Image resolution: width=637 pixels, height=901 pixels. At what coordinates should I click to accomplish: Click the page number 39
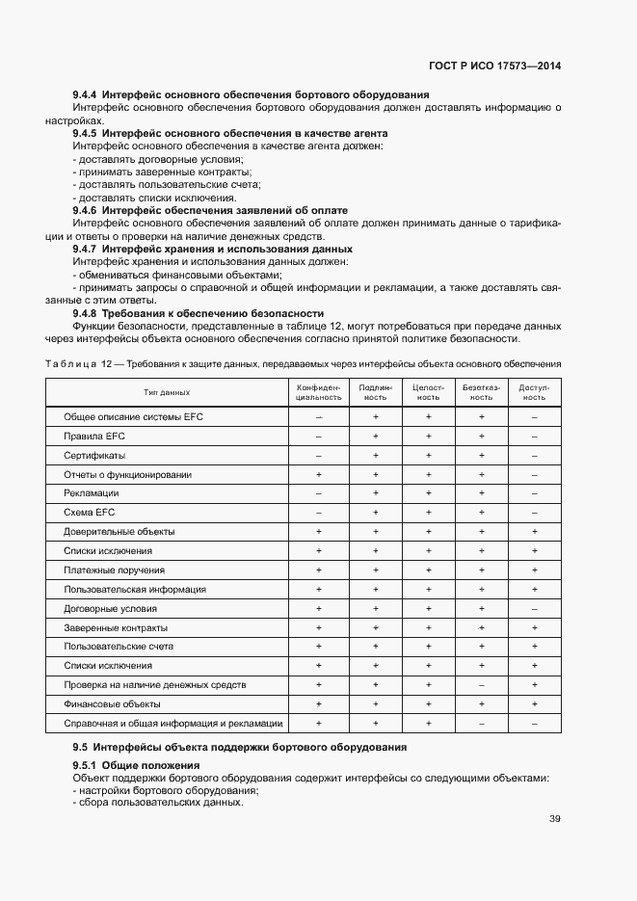coord(555,819)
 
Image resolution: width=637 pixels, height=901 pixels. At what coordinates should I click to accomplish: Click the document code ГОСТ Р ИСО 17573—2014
coord(494,66)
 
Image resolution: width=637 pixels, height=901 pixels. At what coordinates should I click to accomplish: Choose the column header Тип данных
coord(167,392)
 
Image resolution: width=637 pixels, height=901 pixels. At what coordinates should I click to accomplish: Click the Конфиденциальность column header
coord(318,392)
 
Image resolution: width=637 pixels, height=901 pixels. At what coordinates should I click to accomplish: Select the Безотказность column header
coord(481,392)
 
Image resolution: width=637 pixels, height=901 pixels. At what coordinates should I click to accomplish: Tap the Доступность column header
coord(534,392)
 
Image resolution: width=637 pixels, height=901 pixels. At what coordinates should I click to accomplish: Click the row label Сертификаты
coord(94,455)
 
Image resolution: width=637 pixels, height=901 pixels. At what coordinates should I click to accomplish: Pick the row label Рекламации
coord(91,493)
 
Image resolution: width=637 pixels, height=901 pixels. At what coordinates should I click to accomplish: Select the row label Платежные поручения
coord(114,570)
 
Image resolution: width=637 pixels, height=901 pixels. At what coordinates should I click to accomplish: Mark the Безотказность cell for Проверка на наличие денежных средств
coord(481,685)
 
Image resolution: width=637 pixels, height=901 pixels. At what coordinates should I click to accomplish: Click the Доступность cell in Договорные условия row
coord(534,609)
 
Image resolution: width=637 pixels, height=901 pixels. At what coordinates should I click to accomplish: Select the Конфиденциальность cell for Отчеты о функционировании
coord(318,474)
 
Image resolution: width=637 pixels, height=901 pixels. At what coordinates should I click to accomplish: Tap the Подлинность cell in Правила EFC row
coord(375,437)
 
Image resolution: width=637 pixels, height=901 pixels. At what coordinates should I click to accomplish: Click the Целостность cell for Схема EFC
coord(428,513)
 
